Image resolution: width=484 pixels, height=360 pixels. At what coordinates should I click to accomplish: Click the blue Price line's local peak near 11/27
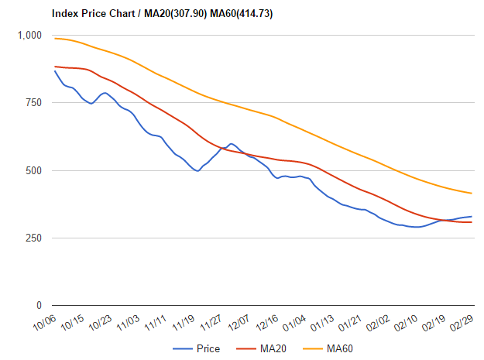[x=231, y=143]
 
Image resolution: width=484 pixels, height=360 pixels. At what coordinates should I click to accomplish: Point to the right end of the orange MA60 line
[x=472, y=194]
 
